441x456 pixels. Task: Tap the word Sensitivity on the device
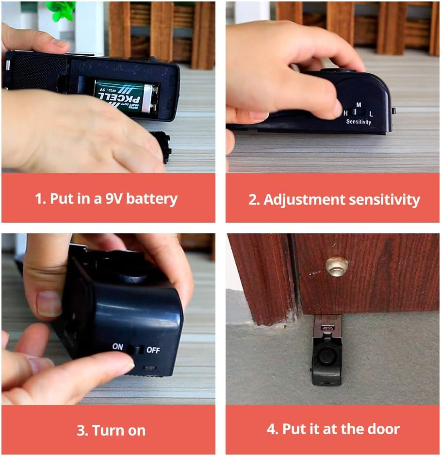pos(359,122)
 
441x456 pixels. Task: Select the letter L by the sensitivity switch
pos(371,114)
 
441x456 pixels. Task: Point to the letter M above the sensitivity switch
pos(359,104)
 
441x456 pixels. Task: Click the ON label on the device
pos(118,347)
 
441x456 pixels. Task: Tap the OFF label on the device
pos(153,350)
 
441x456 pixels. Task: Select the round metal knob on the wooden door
pos(336,266)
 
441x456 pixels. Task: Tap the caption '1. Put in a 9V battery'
pos(106,199)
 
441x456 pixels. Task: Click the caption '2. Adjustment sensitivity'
pos(334,200)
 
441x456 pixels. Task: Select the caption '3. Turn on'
pos(111,430)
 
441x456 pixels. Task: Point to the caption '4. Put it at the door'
pos(333,429)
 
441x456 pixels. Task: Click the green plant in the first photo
pos(61,10)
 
